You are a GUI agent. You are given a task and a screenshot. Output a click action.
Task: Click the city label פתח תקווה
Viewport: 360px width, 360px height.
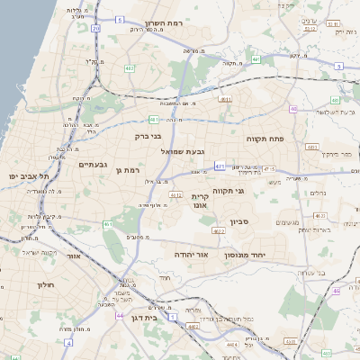pyautogui.click(x=265, y=140)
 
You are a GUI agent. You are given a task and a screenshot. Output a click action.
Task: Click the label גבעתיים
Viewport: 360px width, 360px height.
pyautogui.click(x=94, y=165)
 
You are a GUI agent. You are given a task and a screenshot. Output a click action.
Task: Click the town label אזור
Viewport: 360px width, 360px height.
pyautogui.click(x=74, y=256)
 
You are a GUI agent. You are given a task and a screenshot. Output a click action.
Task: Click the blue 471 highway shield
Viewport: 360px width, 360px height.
pyautogui.click(x=269, y=168)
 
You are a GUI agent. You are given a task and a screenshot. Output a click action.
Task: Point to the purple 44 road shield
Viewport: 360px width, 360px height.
pyautogui.click(x=120, y=316)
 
